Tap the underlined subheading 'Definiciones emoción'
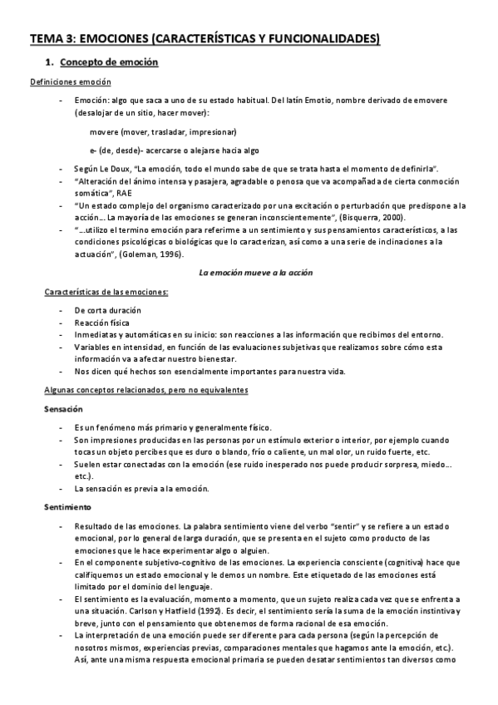71,81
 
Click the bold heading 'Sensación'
62,409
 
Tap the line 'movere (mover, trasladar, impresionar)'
162,131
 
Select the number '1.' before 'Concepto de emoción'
47,63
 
